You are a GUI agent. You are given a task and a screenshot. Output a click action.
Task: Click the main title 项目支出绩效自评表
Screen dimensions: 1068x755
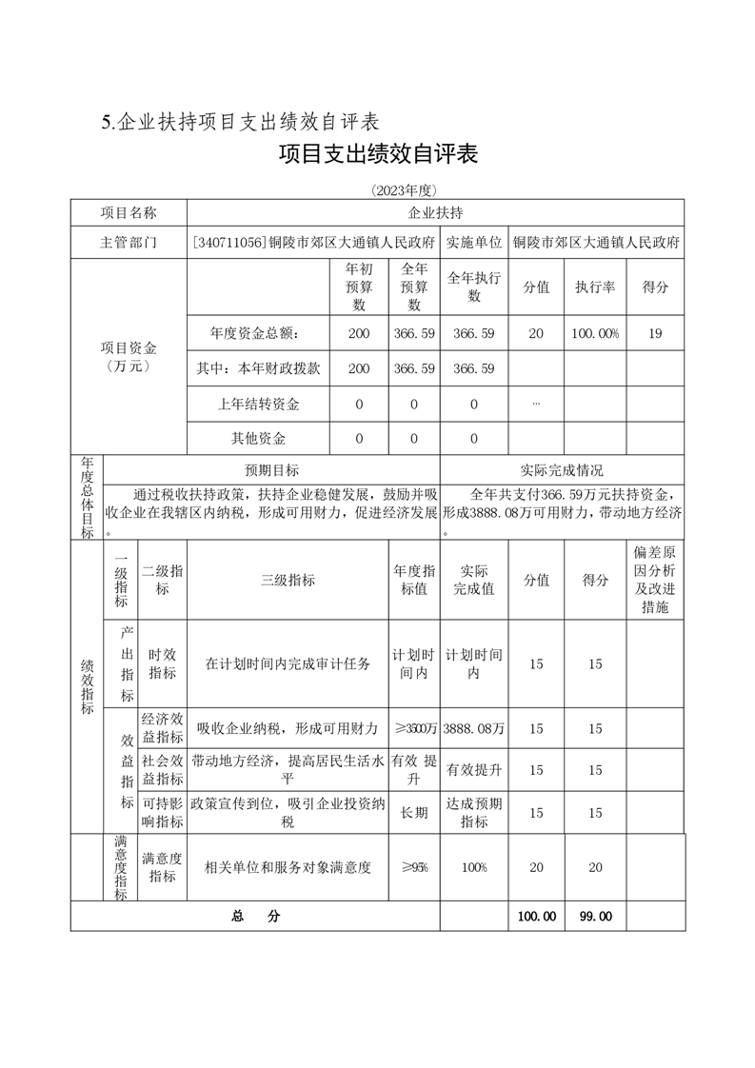377,154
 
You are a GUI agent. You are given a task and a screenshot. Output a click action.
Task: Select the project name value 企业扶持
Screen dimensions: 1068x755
435,212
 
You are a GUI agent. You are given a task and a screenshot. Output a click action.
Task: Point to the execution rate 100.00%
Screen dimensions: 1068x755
596,333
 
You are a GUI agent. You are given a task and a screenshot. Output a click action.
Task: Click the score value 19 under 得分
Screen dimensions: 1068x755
655,333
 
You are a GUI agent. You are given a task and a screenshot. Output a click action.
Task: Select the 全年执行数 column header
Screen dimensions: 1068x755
473,287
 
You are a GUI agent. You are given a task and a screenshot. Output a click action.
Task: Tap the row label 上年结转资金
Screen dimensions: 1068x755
258,404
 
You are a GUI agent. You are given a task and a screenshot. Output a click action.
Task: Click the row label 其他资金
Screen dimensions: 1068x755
258,438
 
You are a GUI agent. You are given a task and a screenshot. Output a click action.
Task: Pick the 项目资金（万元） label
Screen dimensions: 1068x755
129,356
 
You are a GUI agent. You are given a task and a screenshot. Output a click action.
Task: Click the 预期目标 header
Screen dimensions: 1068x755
271,470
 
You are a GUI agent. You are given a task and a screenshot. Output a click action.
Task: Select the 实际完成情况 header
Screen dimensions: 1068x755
562,470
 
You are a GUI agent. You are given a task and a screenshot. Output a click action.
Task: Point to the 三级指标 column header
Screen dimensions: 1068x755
288,580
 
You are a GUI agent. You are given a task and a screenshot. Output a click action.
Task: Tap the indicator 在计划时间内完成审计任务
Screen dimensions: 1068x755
288,664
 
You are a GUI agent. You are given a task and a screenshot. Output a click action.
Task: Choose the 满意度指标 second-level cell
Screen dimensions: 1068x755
163,867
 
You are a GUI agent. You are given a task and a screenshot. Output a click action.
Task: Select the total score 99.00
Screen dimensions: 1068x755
595,916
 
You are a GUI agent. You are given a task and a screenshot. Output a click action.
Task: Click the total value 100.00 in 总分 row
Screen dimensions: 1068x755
536,916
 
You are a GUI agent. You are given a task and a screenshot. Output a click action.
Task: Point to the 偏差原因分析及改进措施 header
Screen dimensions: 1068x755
655,580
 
